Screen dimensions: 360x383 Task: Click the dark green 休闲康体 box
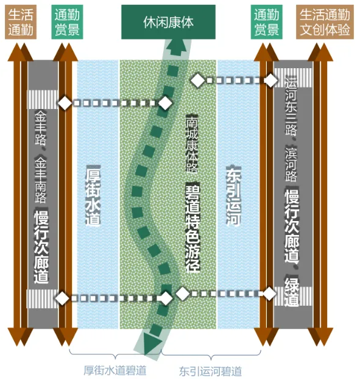168,22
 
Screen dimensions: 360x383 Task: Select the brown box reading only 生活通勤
21,22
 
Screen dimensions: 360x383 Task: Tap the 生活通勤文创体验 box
325,22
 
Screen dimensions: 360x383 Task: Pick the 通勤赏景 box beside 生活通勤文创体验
266,22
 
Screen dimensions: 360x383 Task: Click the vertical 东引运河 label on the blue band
233,195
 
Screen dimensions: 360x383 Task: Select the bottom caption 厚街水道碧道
115,370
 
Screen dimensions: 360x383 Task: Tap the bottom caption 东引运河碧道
210,371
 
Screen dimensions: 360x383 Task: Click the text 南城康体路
192,144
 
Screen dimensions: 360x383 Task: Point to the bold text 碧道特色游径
192,228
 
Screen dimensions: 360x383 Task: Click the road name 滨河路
291,164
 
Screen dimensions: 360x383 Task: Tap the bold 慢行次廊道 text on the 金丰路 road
41,246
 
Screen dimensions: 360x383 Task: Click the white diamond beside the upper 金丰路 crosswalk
65,103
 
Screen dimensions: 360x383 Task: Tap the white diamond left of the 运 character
271,80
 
